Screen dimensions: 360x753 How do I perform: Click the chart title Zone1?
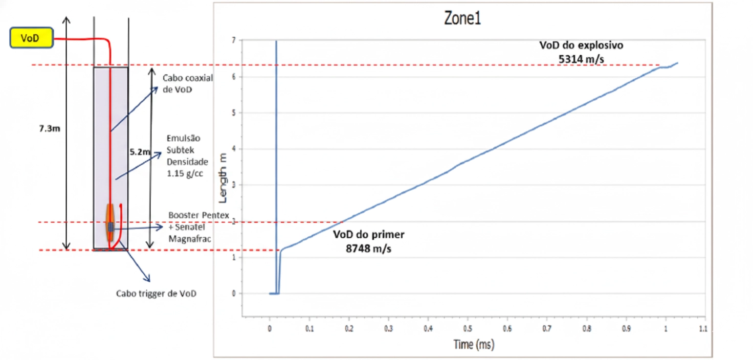[462, 19]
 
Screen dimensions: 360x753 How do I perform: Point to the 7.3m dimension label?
[49, 128]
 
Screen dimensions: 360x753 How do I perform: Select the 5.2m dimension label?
[139, 152]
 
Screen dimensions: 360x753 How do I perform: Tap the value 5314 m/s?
[581, 59]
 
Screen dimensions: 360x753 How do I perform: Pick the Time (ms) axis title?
[474, 345]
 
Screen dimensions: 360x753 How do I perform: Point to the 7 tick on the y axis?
[233, 40]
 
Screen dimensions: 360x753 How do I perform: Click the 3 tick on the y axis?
[233, 185]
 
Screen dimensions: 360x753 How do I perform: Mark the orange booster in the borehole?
[109, 222]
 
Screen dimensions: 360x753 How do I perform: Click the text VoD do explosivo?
[581, 45]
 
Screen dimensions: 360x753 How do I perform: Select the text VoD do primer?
[368, 235]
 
